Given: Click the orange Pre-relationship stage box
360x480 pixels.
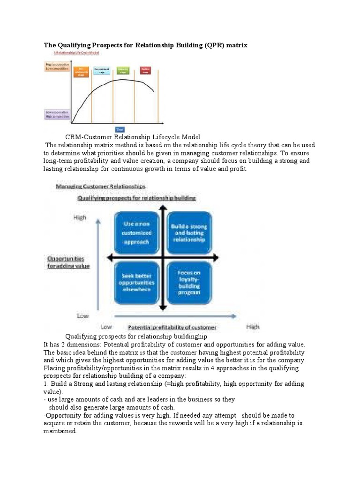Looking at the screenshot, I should (81, 72).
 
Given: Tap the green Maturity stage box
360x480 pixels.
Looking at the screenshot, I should (123, 71).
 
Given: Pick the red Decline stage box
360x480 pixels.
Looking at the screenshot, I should (145, 71).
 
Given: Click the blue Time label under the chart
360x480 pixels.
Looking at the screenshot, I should (120, 128).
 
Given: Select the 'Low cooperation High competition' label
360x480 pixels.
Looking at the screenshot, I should (57, 114).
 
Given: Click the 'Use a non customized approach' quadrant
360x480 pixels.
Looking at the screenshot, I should (137, 233).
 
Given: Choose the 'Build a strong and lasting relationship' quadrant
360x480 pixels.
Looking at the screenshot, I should (189, 233).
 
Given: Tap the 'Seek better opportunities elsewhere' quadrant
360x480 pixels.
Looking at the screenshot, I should (137, 283).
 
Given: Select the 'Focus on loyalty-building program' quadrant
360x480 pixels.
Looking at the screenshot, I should (189, 283).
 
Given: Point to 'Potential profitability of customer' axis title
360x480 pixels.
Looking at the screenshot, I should (172, 327).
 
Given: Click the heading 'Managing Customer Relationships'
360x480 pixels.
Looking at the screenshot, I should (101, 186).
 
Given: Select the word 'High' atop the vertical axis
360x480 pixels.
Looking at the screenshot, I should (80, 217).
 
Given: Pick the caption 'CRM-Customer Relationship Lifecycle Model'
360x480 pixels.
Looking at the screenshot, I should (133, 137).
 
